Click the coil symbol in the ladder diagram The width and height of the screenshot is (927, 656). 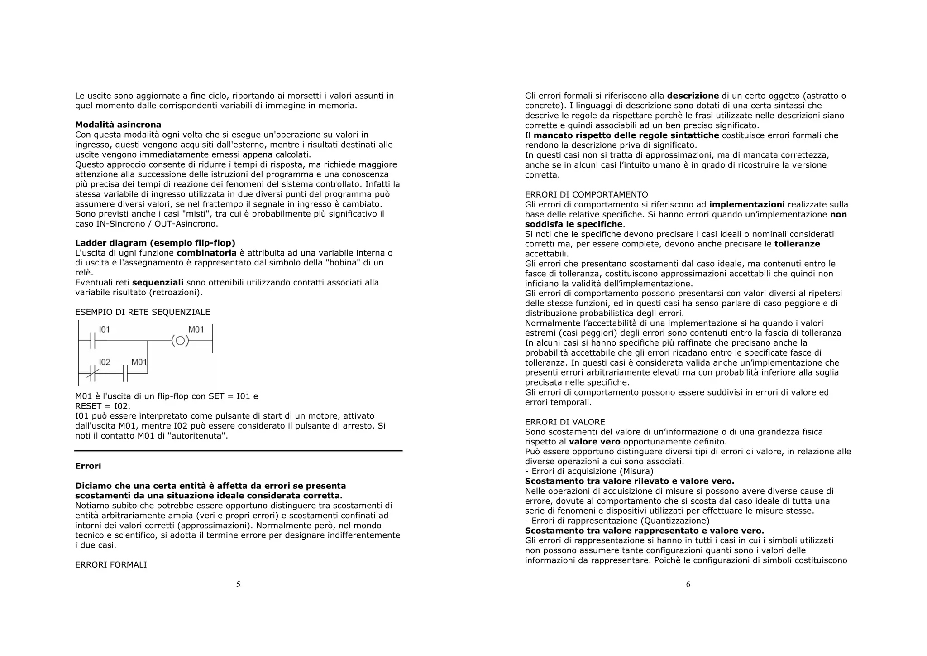click(180, 341)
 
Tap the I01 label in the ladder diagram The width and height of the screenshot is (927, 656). click(105, 329)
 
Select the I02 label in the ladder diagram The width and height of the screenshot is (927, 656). click(105, 362)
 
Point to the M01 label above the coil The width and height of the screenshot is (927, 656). click(196, 329)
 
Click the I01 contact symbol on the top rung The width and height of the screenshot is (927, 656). click(93, 341)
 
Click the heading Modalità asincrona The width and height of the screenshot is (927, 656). click(118, 125)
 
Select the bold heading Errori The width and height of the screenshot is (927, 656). click(88, 466)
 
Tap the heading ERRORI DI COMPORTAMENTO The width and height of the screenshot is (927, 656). click(586, 194)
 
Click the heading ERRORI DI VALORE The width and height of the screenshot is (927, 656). click(565, 422)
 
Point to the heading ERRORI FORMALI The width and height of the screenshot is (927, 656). click(111, 564)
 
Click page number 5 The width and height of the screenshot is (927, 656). click(238, 584)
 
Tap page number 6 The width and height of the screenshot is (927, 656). click(688, 584)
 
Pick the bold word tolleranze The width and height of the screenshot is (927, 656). click(797, 244)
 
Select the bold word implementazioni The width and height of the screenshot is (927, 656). click(747, 204)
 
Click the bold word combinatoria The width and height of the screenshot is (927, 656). click(206, 253)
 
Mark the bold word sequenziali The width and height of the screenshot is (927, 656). click(158, 282)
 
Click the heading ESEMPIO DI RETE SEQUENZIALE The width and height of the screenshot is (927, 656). click(143, 312)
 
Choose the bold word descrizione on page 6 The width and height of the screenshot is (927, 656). click(693, 96)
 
